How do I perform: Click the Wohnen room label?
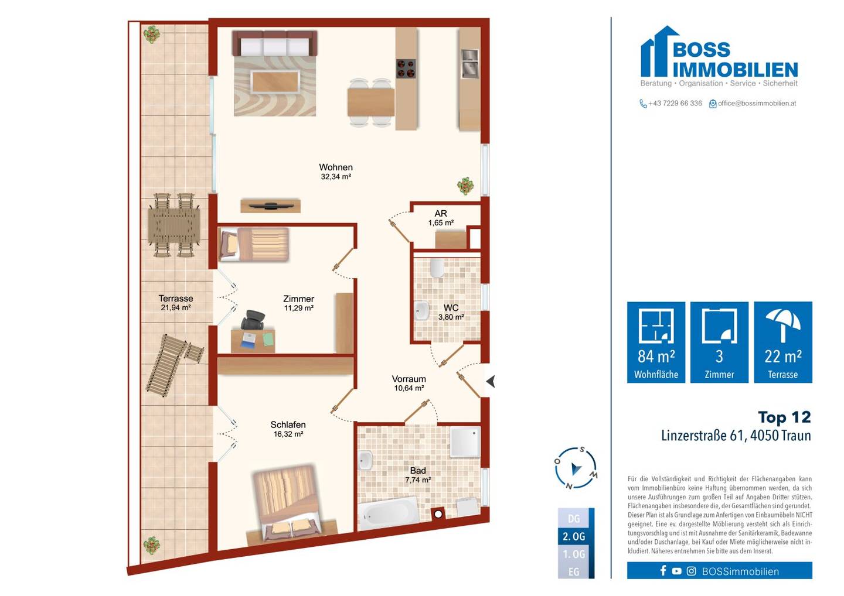click(336, 167)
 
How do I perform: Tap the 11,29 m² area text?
click(299, 308)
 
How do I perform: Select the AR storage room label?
click(441, 213)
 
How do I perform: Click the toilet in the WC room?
click(437, 268)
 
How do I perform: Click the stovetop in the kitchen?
click(406, 69)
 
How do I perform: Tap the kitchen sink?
click(469, 64)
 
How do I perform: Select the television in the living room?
click(271, 206)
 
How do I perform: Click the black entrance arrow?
click(491, 382)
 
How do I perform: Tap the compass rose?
click(576, 468)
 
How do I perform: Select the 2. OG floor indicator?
click(574, 536)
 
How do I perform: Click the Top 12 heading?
click(784, 417)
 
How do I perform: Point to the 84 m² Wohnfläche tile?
click(656, 342)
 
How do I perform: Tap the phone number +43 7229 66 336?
click(675, 103)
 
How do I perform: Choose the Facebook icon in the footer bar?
click(663, 571)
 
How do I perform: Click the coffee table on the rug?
click(275, 81)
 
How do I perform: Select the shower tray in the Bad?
click(465, 442)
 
